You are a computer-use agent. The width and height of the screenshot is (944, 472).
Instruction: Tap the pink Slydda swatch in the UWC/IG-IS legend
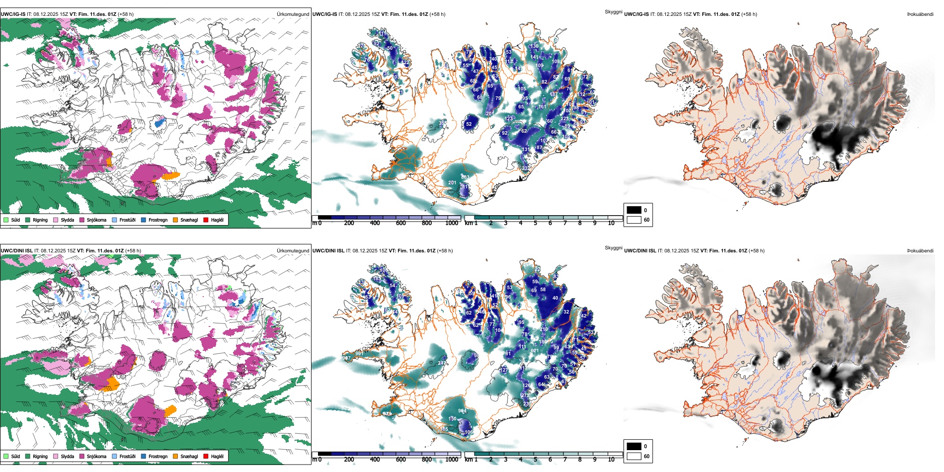tap(56, 220)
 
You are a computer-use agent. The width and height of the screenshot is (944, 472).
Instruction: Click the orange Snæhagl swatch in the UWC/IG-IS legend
tap(175, 220)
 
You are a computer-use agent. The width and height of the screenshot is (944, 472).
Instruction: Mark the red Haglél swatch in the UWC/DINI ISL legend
tap(206, 456)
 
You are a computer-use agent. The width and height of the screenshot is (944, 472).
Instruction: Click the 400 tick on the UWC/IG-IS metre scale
tap(375, 223)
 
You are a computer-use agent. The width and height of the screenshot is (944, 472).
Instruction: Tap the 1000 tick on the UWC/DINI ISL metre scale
tap(452, 460)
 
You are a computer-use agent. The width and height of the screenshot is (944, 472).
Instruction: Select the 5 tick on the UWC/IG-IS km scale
tap(535, 223)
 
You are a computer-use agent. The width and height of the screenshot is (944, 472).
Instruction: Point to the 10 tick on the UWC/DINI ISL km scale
tap(611, 460)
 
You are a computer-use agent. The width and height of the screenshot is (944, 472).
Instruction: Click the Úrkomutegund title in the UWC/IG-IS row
tap(293, 14)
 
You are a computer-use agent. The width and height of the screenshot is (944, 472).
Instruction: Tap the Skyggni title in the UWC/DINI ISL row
tap(613, 248)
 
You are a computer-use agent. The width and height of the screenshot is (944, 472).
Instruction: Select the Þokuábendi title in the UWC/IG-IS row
tap(920, 14)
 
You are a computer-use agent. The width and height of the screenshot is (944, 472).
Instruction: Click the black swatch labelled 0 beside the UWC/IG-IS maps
tap(634, 210)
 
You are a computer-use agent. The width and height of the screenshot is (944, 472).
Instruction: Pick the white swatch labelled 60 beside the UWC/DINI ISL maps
tap(634, 456)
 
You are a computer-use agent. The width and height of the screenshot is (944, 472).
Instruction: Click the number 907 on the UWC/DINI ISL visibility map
tap(346, 358)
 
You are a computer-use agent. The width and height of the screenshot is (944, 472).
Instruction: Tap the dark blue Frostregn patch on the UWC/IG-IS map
tap(159, 122)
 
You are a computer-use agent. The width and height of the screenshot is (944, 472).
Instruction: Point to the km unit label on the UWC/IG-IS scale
tap(469, 223)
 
